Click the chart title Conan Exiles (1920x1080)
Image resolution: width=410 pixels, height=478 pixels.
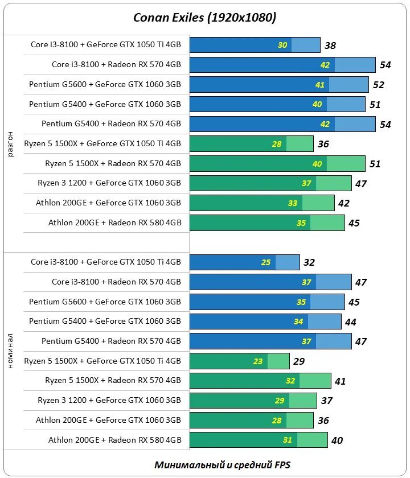205,18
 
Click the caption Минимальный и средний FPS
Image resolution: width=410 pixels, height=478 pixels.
222,464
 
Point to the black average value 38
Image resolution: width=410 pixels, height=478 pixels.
330,46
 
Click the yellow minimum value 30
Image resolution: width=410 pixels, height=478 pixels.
282,45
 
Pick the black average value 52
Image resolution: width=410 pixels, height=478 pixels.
378,85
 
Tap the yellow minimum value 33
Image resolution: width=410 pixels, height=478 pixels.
293,203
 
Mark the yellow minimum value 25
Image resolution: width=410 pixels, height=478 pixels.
266,262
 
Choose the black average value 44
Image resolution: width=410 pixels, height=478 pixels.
350,322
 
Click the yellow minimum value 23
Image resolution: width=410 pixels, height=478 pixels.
258,361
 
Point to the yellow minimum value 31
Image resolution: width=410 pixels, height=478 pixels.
288,440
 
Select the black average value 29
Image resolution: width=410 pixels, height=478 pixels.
299,361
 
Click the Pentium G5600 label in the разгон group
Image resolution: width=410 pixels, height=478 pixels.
105,84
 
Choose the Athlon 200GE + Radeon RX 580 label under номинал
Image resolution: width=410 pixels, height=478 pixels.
114,440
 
